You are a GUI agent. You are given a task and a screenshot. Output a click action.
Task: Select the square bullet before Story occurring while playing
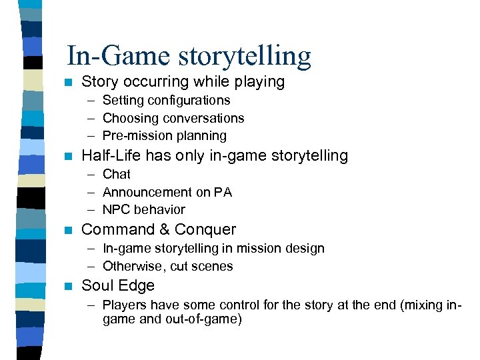point(65,83)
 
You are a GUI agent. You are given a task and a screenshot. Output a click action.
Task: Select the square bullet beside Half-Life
point(65,157)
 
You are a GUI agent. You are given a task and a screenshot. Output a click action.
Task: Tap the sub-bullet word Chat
point(117,174)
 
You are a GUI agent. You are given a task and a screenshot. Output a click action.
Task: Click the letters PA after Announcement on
point(223,192)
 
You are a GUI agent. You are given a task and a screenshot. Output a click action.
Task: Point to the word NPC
point(116,209)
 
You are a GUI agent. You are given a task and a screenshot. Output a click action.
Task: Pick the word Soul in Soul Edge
point(96,285)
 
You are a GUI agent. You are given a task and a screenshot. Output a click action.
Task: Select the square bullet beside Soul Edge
point(65,286)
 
